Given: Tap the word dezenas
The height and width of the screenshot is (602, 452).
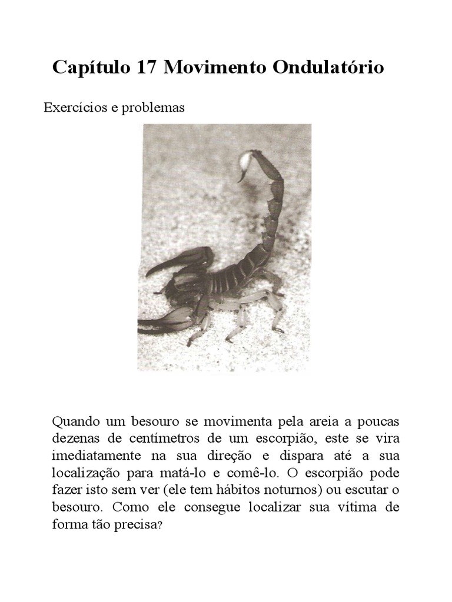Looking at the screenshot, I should tap(74, 439).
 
